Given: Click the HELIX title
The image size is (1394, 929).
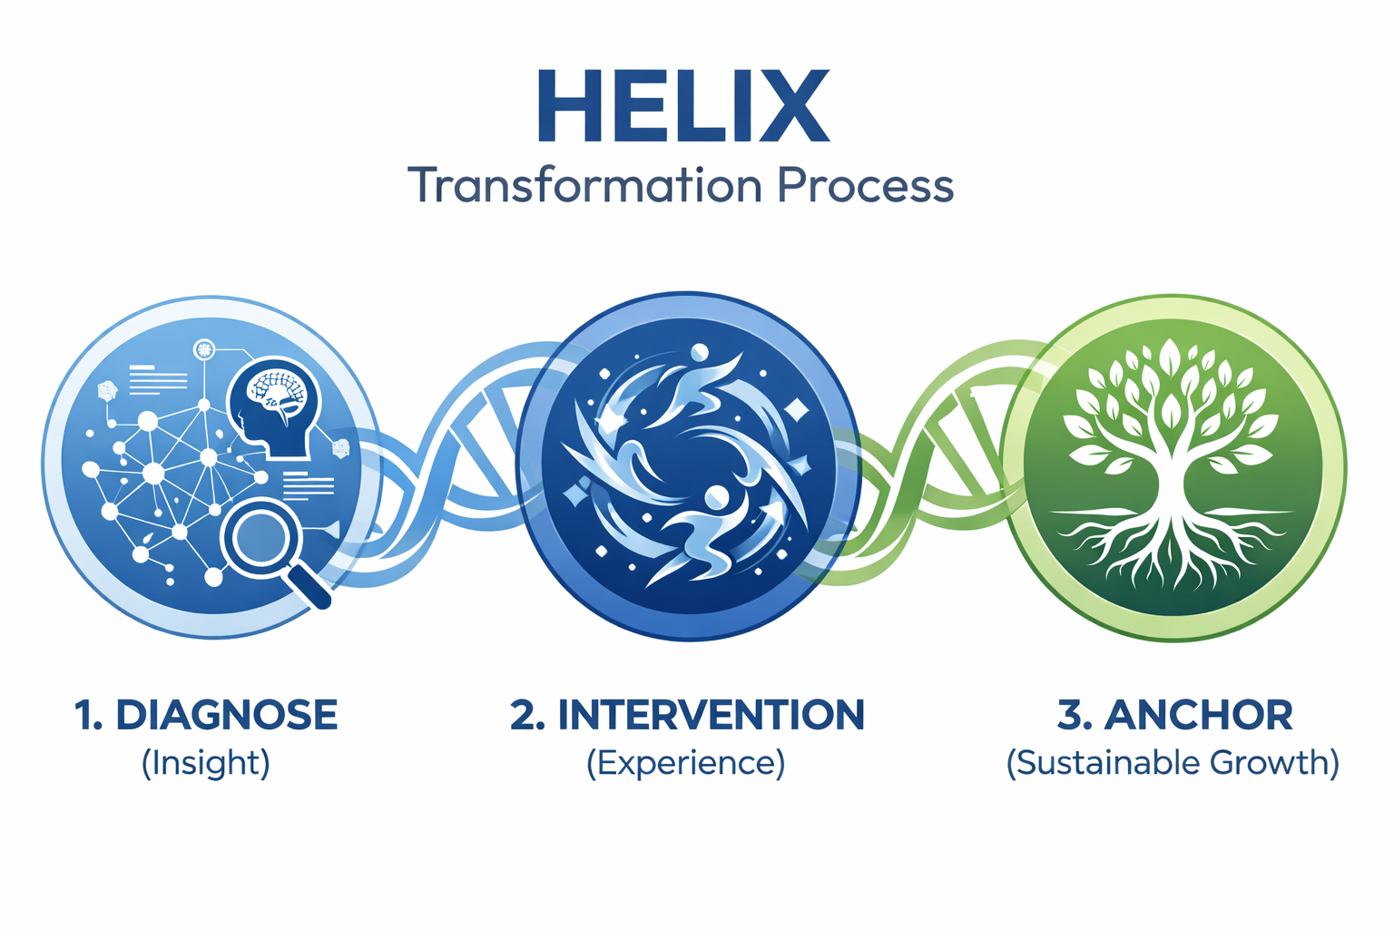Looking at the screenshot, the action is click(683, 107).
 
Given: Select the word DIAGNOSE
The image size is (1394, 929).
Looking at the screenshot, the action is click(226, 715).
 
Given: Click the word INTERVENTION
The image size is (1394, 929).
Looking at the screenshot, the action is click(711, 715).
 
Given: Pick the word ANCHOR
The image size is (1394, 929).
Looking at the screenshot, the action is click(1198, 715).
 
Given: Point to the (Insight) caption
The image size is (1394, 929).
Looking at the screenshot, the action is click(206, 762).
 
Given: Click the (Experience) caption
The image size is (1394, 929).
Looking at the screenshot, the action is click(685, 762).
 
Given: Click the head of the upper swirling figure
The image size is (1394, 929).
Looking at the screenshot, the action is click(699, 353).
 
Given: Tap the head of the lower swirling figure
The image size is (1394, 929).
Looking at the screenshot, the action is click(717, 497).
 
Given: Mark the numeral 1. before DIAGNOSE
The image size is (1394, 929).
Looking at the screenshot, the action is click(89, 715).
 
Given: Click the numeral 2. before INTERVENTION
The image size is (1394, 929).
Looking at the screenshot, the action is click(526, 715).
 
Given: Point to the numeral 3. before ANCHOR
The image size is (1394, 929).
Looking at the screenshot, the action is click(1075, 715).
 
